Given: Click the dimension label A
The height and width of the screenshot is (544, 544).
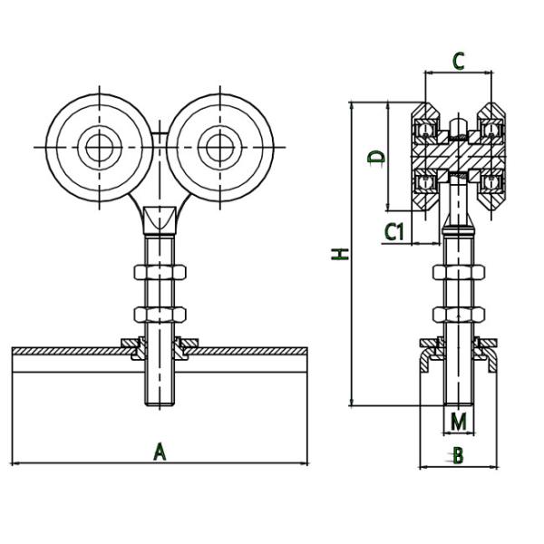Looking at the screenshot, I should click(x=160, y=451).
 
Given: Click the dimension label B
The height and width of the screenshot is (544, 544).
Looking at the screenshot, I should click(x=458, y=455).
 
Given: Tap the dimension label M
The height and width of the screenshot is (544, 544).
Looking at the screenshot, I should click(x=459, y=422).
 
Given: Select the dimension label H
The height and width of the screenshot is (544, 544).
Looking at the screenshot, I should click(x=339, y=253).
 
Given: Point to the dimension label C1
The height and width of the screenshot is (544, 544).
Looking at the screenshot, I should click(x=393, y=232).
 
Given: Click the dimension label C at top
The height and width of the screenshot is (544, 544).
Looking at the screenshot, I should click(x=459, y=62).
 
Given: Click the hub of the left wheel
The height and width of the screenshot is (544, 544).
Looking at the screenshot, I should click(x=96, y=146).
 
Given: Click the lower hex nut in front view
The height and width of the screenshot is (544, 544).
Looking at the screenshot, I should click(x=160, y=315).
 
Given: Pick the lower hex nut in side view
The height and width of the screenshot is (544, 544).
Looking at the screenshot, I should click(x=458, y=315).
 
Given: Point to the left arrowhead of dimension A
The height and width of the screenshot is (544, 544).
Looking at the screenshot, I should click(x=17, y=464).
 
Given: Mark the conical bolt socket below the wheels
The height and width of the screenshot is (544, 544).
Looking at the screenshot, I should click(x=160, y=219).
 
